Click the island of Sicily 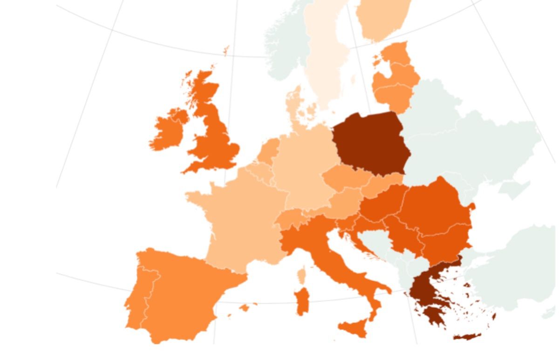click(x=354, y=329)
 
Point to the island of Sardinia click(x=302, y=300)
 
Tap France click(x=238, y=219)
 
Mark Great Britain click(x=214, y=140)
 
